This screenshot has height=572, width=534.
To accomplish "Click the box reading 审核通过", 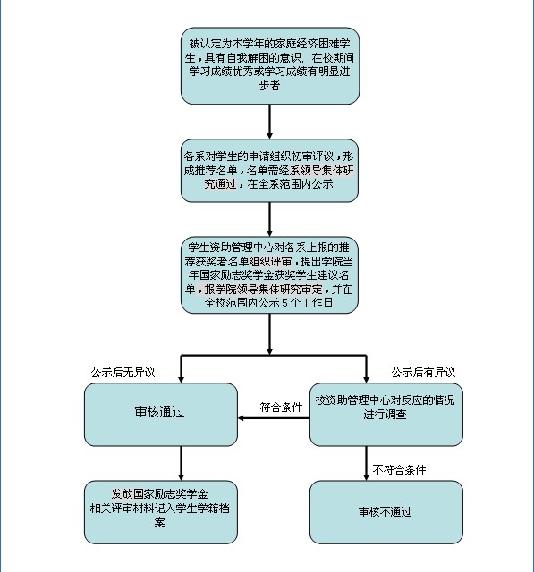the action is click(x=161, y=415).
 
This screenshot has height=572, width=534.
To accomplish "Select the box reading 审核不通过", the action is click(x=386, y=512).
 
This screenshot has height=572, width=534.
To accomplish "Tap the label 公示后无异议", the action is click(x=123, y=373).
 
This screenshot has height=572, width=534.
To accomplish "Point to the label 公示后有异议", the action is click(x=423, y=373).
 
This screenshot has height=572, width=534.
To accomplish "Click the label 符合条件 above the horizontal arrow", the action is click(x=281, y=408).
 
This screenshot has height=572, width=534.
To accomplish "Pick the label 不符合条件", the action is click(x=399, y=469).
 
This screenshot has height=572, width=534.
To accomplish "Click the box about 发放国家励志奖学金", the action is click(x=161, y=512).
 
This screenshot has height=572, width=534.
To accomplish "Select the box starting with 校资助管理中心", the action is click(x=386, y=415).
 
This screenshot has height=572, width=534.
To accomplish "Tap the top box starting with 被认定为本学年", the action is click(x=270, y=65).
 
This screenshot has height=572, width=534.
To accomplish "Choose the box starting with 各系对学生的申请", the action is click(x=270, y=171).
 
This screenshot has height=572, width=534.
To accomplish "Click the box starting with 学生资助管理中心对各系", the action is click(x=270, y=274).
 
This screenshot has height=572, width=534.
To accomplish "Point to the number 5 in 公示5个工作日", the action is click(x=285, y=303).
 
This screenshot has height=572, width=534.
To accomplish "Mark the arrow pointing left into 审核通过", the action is click(x=274, y=418).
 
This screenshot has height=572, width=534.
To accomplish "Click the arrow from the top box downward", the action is click(x=270, y=122).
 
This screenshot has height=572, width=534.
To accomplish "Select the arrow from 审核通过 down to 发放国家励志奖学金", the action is click(x=181, y=463).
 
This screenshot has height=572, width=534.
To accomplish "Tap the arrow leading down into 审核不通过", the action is click(x=366, y=463).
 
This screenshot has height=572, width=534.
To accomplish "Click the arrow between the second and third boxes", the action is click(x=270, y=219).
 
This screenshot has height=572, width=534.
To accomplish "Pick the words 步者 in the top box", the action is click(x=270, y=86).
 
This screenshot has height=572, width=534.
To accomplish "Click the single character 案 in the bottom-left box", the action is click(x=159, y=522).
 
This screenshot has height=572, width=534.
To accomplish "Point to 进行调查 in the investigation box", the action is click(x=386, y=415).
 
